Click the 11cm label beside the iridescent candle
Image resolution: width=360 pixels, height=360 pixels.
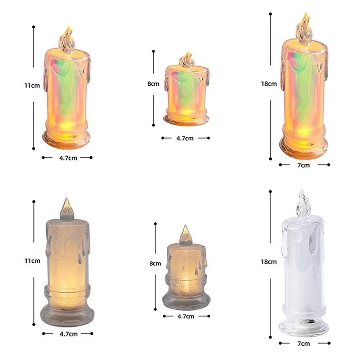click(x=32, y=85)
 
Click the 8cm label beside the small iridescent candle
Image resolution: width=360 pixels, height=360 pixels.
click(x=153, y=84)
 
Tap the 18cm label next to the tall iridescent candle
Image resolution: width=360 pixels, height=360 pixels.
click(x=269, y=84)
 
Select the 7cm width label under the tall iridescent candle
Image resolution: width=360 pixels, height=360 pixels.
click(x=303, y=165)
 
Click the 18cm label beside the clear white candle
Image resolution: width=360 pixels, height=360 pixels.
click(x=269, y=262)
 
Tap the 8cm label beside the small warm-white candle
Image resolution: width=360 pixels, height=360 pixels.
click(x=155, y=264)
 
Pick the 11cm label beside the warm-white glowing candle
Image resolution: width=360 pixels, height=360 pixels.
click(x=32, y=261)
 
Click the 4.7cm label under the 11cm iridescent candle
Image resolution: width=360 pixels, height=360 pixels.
click(x=68, y=158)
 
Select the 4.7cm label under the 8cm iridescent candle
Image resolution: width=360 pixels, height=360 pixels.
click(x=185, y=138)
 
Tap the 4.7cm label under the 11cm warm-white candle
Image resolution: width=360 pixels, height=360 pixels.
click(x=68, y=334)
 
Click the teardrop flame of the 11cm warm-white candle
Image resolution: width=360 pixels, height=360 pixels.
click(x=67, y=210)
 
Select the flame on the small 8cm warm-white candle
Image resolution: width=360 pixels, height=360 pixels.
click(x=186, y=236)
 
